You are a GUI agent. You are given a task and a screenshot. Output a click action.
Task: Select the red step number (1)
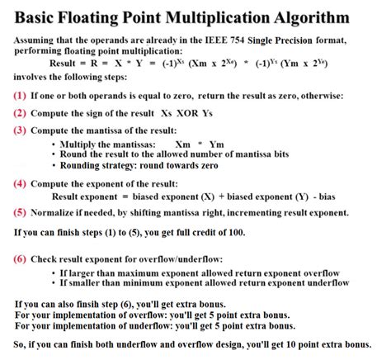coord(20,96)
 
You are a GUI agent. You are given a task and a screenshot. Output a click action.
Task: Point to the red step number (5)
coord(20,212)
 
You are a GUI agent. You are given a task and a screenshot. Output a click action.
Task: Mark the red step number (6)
coord(20,258)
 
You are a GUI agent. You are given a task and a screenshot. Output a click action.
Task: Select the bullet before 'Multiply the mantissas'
coord(54,144)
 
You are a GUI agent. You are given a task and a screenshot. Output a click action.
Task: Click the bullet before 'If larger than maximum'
coord(54,273)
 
